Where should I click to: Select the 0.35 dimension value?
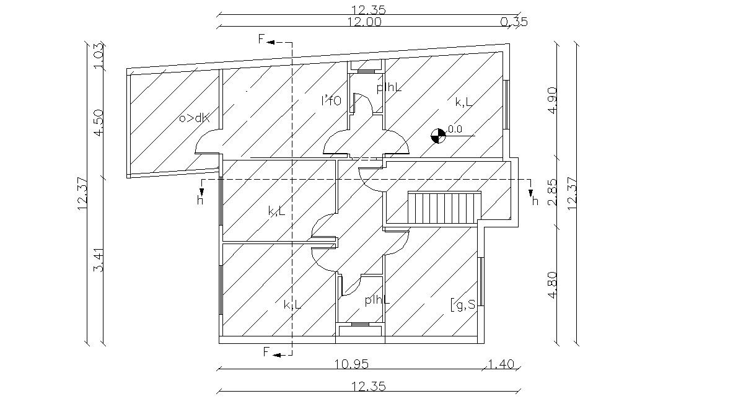pyautogui.click(x=513, y=22)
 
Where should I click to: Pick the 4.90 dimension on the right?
pyautogui.click(x=553, y=101)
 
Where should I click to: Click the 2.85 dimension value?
pyautogui.click(x=553, y=193)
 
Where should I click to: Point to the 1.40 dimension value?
pyautogui.click(x=501, y=364)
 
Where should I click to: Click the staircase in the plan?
pyautogui.click(x=444, y=209)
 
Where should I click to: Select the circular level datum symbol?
pyautogui.click(x=438, y=135)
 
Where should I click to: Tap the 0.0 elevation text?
pyautogui.click(x=455, y=129)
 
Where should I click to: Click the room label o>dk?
pyautogui.click(x=194, y=118)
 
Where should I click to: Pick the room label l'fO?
pyautogui.click(x=331, y=101)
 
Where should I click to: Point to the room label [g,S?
pyautogui.click(x=463, y=304)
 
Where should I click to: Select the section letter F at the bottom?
pyautogui.click(x=266, y=353)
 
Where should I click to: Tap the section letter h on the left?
pyautogui.click(x=200, y=200)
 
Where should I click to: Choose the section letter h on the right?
pyautogui.click(x=535, y=200)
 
